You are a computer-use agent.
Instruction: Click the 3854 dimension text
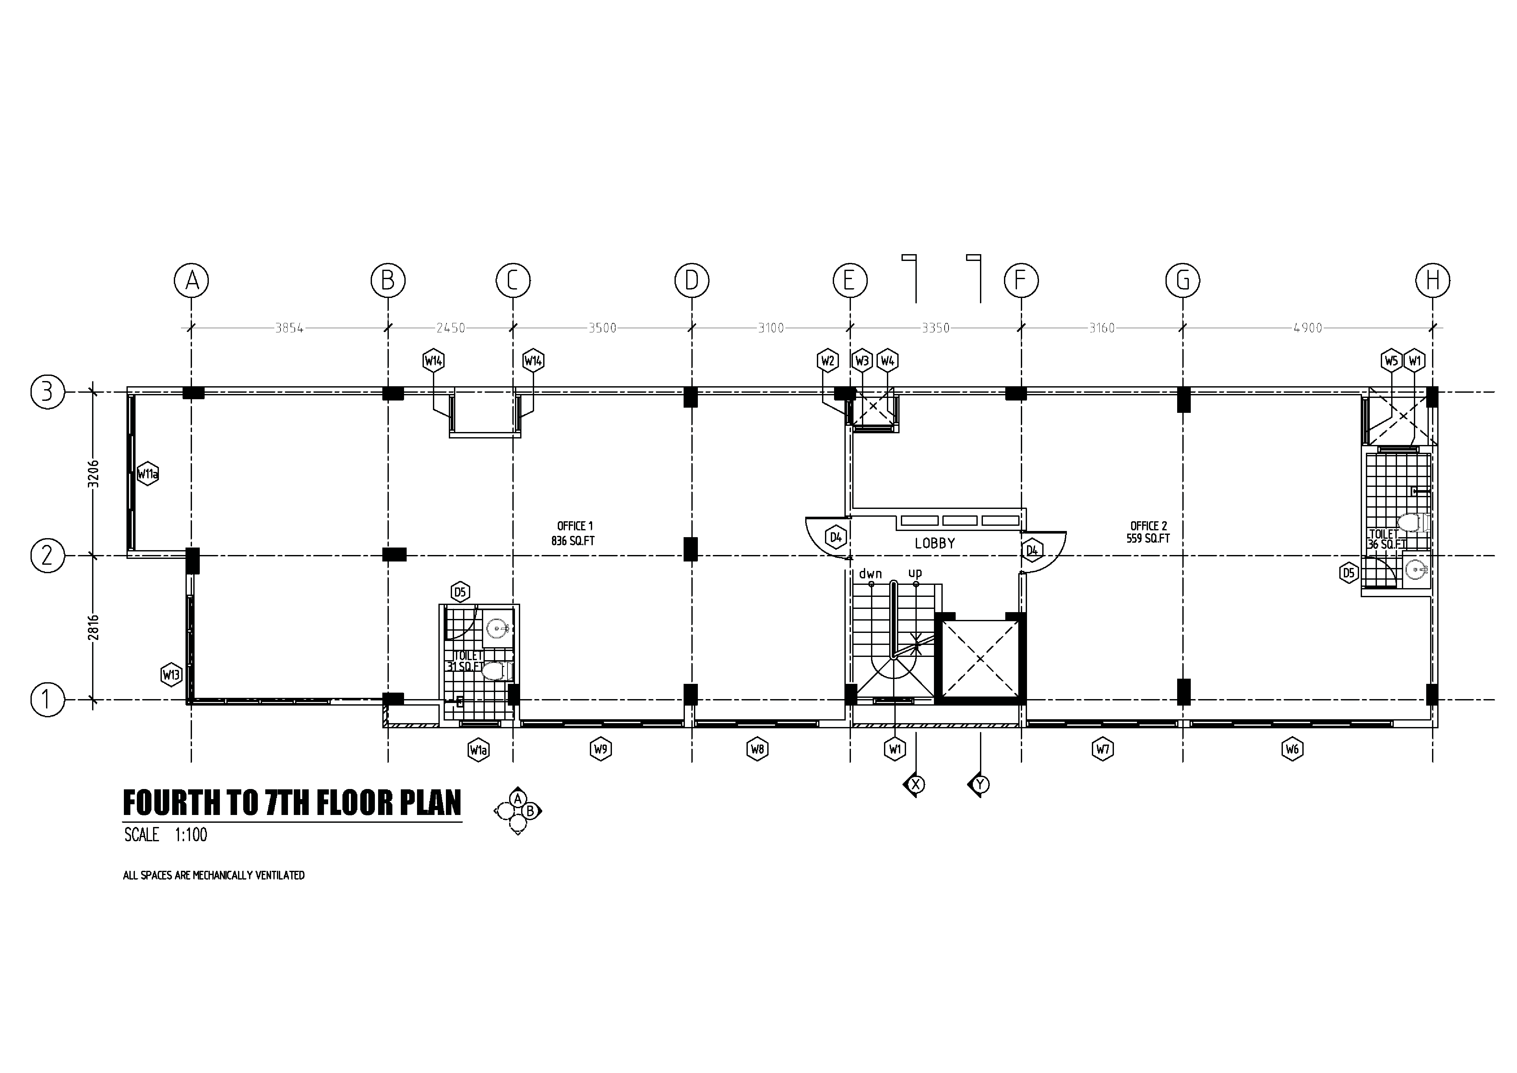click(289, 328)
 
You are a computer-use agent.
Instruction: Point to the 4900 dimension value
click(1308, 328)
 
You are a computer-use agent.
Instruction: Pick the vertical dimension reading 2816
click(94, 627)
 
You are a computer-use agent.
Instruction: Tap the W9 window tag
click(601, 749)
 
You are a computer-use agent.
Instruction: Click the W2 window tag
click(828, 361)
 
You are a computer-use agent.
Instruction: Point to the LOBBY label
click(935, 543)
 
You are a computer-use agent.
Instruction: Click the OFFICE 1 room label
click(575, 526)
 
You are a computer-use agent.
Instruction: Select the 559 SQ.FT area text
click(1148, 539)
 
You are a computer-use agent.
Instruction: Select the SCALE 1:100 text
click(166, 835)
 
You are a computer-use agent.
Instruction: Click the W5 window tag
click(1392, 361)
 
